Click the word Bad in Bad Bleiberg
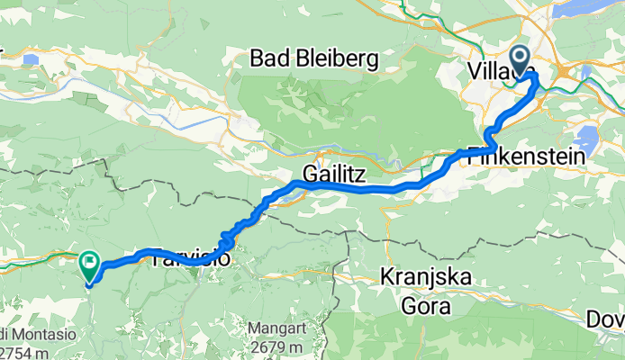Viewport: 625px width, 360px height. pyautogui.click(x=267, y=60)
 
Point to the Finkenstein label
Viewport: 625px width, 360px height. pyautogui.click(x=526, y=156)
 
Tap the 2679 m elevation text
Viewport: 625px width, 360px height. pyautogui.click(x=267, y=348)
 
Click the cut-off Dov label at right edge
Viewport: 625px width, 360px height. pyautogui.click(x=613, y=319)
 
